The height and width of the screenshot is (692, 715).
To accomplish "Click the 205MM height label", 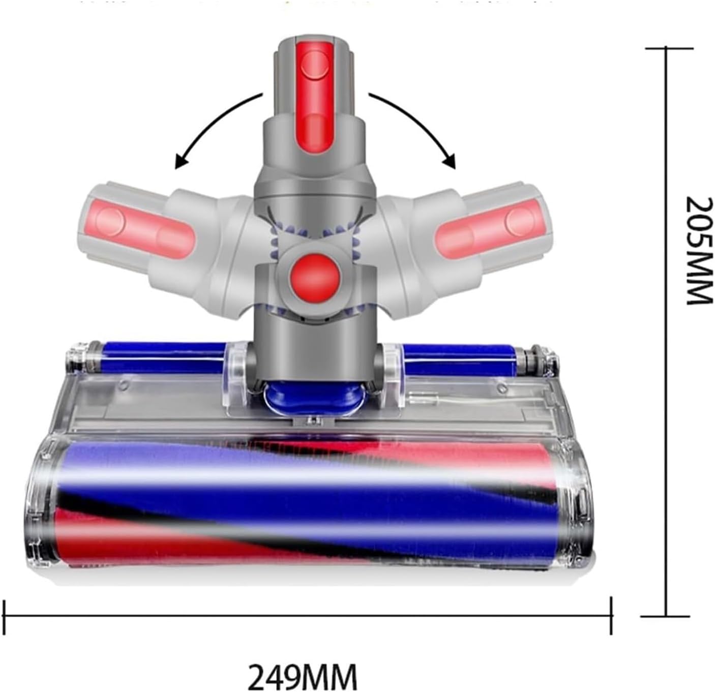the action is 699,251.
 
